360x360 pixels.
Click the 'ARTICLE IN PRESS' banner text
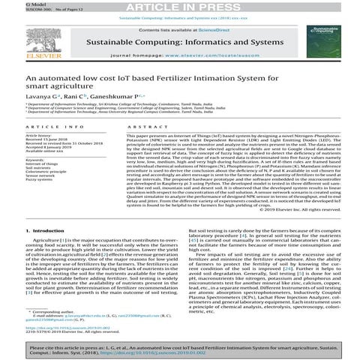pos(179,6)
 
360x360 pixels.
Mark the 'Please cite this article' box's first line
pos(180,349)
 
